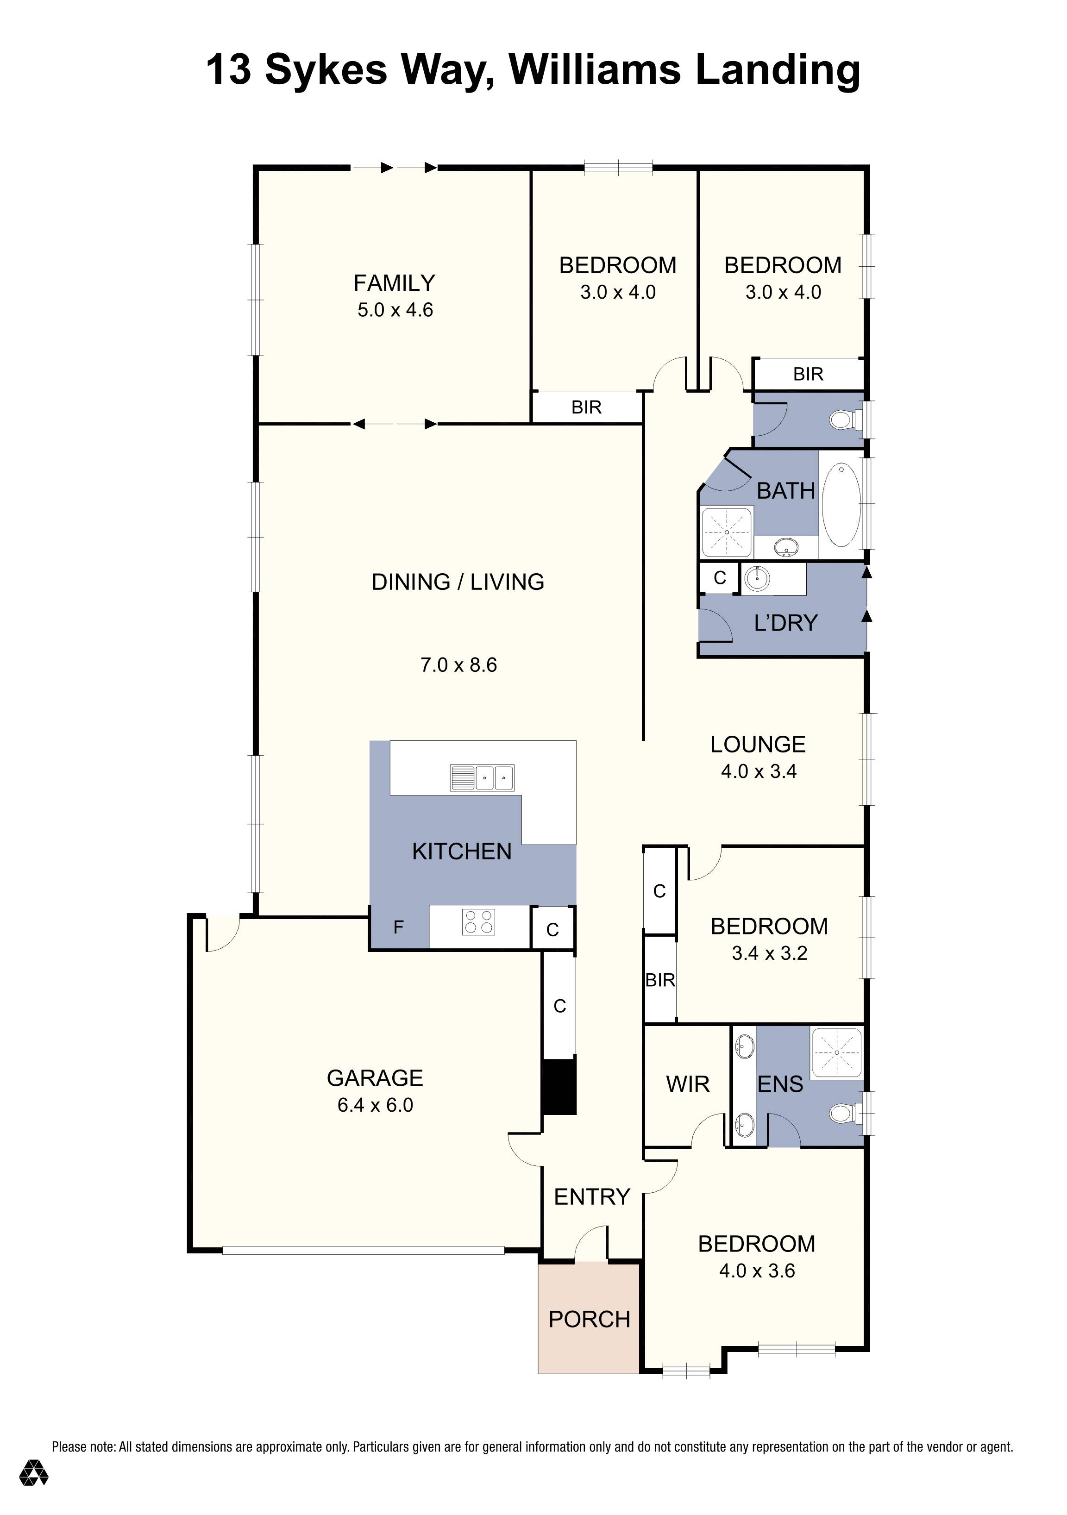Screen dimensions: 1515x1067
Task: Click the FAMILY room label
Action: [394, 283]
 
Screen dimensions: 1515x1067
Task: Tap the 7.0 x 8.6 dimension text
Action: [458, 664]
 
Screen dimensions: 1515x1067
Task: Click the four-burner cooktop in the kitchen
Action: [479, 922]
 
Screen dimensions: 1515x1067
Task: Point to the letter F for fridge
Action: [398, 927]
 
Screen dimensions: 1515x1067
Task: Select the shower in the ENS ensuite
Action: [836, 1052]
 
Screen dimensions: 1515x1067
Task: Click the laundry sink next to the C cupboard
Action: [756, 579]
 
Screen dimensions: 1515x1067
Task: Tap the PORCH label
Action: [589, 1319]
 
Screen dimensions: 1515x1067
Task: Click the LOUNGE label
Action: [758, 744]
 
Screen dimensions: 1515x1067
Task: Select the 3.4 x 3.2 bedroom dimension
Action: [769, 953]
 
